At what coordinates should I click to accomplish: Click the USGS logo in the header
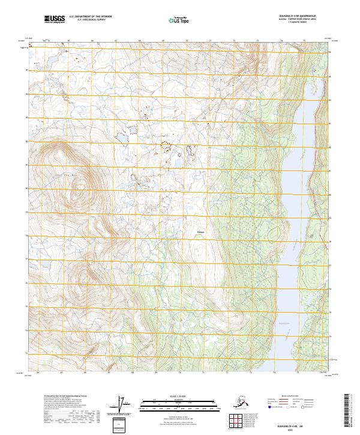(x=53, y=20)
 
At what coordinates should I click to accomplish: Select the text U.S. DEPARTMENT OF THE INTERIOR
(x=90, y=17)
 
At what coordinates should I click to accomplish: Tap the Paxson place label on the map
(x=201, y=232)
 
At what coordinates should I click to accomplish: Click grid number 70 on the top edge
(x=187, y=40)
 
